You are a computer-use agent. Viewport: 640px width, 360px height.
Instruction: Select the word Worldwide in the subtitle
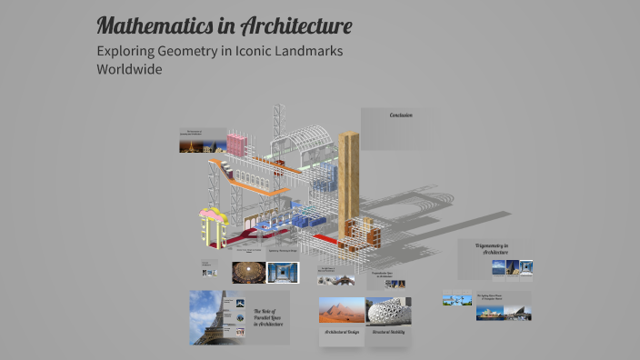129,69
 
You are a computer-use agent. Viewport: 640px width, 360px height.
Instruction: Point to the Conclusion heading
401,115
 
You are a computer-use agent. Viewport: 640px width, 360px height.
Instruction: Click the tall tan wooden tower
348,186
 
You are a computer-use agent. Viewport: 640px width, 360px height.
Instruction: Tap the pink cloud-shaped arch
214,216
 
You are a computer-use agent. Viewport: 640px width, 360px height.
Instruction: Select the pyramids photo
341,310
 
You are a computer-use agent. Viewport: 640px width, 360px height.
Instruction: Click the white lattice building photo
388,310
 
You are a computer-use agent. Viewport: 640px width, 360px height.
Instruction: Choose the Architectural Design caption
341,333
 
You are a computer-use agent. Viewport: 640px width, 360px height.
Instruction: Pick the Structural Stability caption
388,333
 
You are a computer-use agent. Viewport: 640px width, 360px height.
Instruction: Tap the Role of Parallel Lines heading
267,317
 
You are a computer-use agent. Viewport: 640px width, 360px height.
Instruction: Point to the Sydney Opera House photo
487,312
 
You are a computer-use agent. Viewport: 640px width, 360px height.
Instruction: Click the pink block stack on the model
236,144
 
